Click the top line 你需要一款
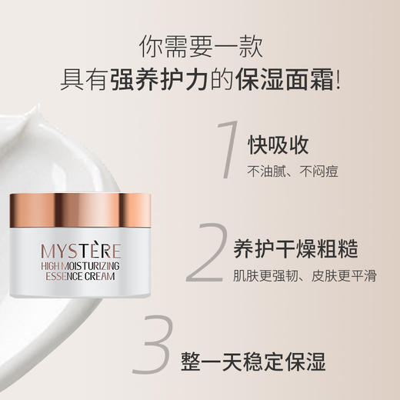tap(201, 47)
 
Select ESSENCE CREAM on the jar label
tap(78, 276)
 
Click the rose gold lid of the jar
tap(81, 213)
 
